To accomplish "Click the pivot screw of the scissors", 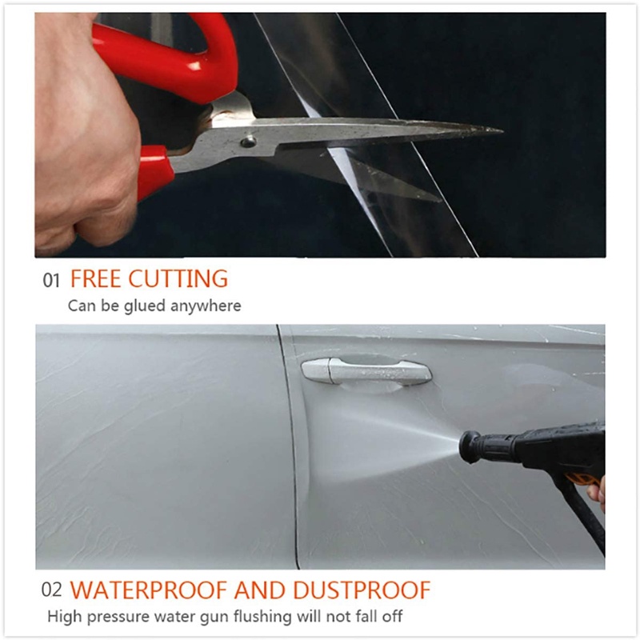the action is pyautogui.click(x=248, y=142).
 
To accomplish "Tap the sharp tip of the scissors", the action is pyautogui.click(x=502, y=131).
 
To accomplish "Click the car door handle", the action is pyautogui.click(x=366, y=371).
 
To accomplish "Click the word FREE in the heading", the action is pyautogui.click(x=96, y=278).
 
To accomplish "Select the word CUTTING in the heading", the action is pyautogui.click(x=178, y=278).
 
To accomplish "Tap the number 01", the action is pyautogui.click(x=51, y=281).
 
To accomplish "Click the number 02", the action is pyautogui.click(x=51, y=590).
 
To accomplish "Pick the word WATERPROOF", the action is pyautogui.click(x=149, y=590).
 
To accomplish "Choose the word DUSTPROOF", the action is pyautogui.click(x=362, y=590).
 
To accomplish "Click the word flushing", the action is pyautogui.click(x=263, y=616).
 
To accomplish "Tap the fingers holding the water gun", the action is pyautogui.click(x=597, y=493).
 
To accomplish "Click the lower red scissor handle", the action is pyautogui.click(x=155, y=171).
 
